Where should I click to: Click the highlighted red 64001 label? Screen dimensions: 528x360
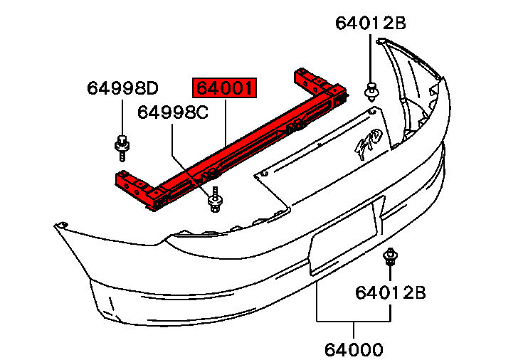224,88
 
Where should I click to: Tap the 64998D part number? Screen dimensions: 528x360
122,88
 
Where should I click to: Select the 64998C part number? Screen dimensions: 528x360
173,112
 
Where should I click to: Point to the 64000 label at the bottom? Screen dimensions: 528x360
354,349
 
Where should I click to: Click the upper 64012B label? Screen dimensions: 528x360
371,23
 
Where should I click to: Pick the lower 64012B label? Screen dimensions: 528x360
391,292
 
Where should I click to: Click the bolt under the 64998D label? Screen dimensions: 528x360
122,147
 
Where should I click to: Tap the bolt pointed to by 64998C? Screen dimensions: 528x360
215,200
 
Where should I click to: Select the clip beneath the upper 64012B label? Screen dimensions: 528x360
371,91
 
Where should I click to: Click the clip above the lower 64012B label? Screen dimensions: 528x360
390,258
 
